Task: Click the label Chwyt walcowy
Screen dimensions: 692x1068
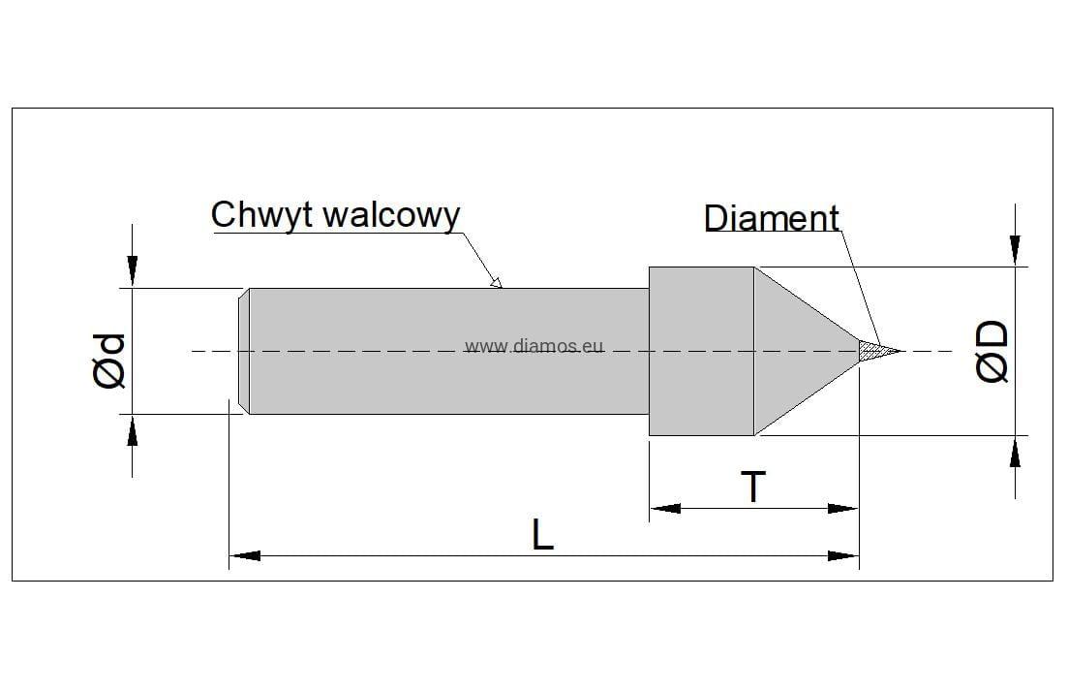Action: (335, 215)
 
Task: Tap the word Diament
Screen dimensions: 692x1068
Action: (771, 219)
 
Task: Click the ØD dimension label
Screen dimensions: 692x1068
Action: (991, 352)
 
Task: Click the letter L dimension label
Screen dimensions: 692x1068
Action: (543, 534)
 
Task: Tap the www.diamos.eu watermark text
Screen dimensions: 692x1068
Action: (534, 346)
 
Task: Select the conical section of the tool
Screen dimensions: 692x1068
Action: (799, 350)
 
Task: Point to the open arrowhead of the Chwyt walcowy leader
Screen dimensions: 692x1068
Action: (496, 283)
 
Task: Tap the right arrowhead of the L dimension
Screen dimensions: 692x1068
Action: (844, 556)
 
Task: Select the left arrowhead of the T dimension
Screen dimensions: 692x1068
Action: (664, 508)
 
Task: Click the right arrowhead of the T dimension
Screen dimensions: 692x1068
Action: (843, 508)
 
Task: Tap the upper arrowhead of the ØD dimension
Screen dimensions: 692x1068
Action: (1014, 250)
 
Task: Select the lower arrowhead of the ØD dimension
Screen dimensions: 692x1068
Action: (1014, 452)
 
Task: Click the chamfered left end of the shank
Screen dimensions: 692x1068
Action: (245, 351)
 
